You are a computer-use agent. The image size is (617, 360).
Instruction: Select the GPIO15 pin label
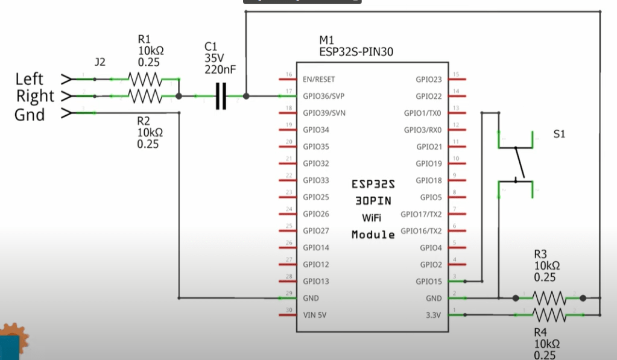coord(428,282)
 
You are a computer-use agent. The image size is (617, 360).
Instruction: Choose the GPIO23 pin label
coord(428,80)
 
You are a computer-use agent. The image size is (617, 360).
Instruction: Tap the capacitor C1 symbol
coord(221,96)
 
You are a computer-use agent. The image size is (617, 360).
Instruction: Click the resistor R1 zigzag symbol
coord(145,80)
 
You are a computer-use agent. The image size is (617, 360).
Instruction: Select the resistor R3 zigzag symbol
coord(549,298)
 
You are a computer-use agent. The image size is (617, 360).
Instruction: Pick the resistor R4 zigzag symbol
coord(549,315)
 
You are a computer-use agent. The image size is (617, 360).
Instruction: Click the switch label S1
coord(559,134)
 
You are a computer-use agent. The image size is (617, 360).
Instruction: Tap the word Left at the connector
coord(29,79)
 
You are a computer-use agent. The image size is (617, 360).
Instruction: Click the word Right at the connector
coord(35,96)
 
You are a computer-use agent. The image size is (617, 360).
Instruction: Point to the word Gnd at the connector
coord(30,114)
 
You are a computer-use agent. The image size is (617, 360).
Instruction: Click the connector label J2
coord(100,62)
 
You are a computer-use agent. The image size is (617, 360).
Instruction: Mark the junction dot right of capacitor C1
coord(246,96)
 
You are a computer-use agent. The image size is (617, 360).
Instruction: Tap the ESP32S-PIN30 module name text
coord(356,52)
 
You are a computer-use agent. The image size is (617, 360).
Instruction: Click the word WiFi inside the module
coord(372,218)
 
